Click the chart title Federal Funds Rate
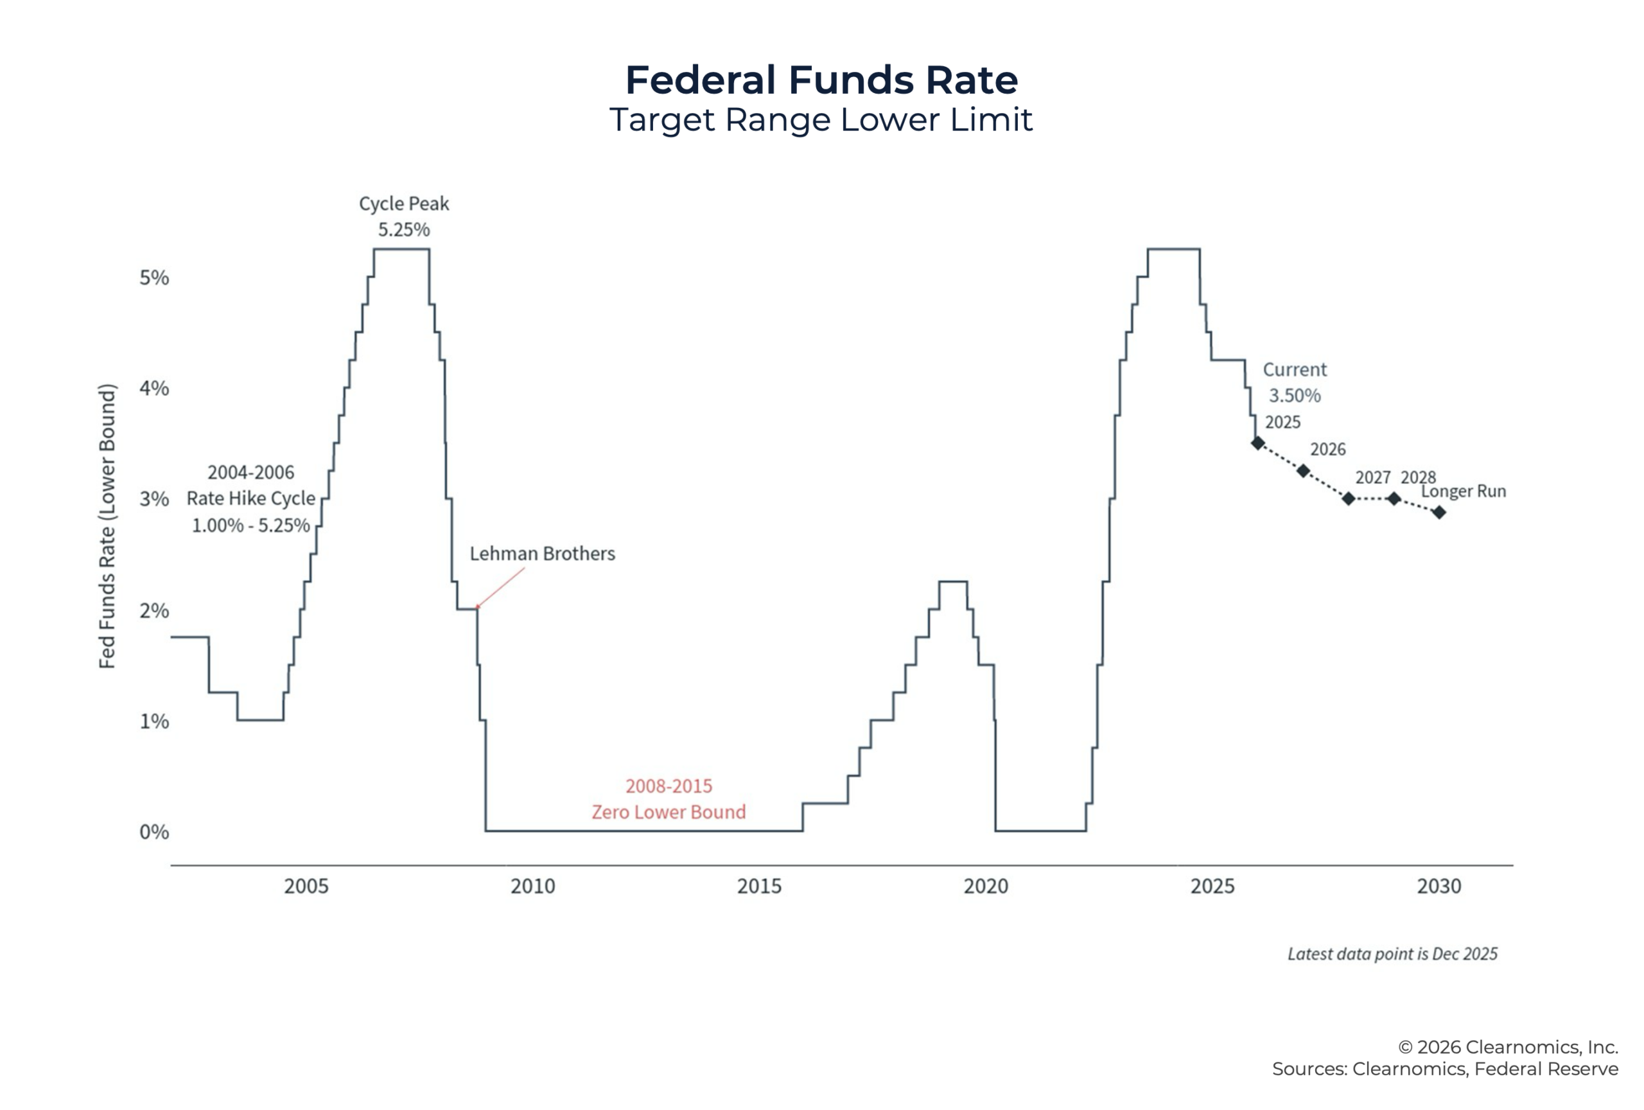pos(821,80)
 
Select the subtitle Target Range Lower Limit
pos(821,119)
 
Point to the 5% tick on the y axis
pos(154,277)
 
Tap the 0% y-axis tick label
pos(154,831)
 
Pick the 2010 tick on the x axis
pos(532,886)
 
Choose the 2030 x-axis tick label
pos(1439,886)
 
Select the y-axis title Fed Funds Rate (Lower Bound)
pos(107,526)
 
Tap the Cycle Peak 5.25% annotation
pos(404,216)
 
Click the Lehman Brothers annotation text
pos(543,553)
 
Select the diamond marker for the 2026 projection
pos(1303,470)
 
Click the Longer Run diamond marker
pos(1439,512)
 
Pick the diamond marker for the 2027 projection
pos(1349,498)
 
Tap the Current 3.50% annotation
pos(1295,382)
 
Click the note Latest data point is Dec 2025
pos(1392,954)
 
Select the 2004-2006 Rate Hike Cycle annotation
pos(251,498)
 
